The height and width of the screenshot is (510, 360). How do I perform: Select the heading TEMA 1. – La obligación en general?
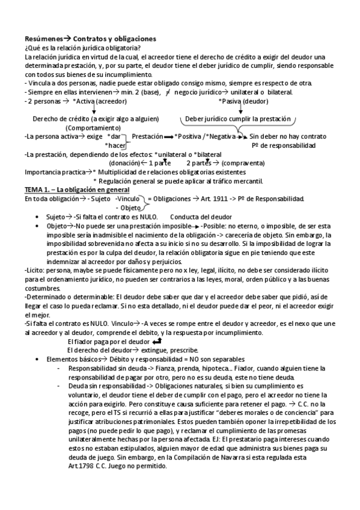(x=67, y=190)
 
